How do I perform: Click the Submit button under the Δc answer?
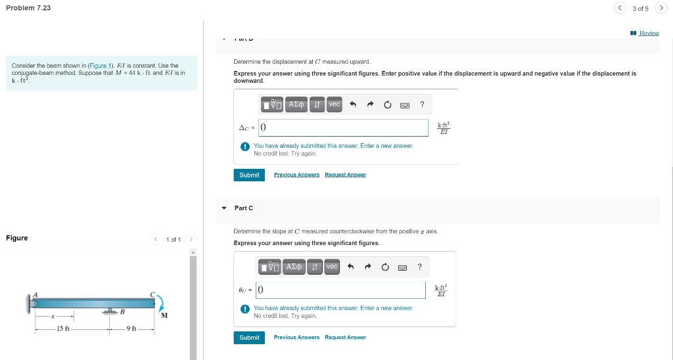pyautogui.click(x=249, y=175)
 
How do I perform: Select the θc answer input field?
pyautogui.click(x=341, y=290)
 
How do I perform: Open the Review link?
pyautogui.click(x=649, y=33)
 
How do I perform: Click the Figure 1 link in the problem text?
pyautogui.click(x=101, y=66)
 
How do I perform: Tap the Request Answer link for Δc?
pyautogui.click(x=345, y=175)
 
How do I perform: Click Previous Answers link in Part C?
pyautogui.click(x=296, y=338)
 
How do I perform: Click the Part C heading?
pyautogui.click(x=244, y=208)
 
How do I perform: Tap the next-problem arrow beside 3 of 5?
pyautogui.click(x=661, y=8)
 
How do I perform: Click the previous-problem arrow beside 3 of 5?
pyautogui.click(x=620, y=8)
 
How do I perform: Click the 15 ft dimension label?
pyautogui.click(x=63, y=328)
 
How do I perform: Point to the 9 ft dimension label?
pyautogui.click(x=131, y=328)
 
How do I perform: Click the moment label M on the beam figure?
pyautogui.click(x=164, y=315)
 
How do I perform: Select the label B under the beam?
pyautogui.click(x=122, y=312)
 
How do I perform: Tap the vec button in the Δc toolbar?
pyautogui.click(x=335, y=104)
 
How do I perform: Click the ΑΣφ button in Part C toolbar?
pyautogui.click(x=294, y=266)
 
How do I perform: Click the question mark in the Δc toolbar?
pyautogui.click(x=422, y=104)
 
